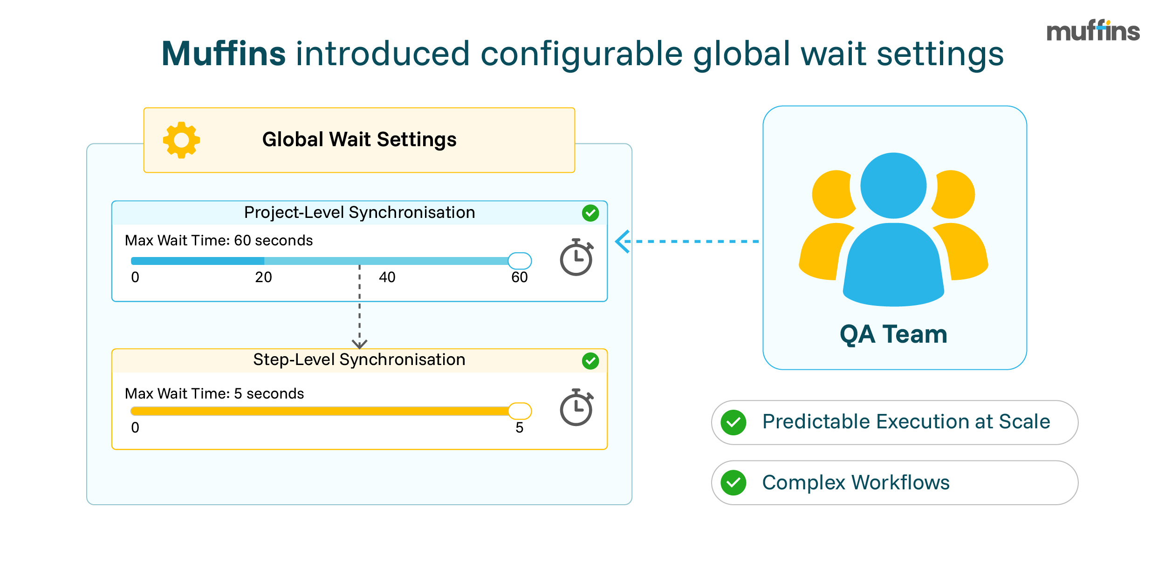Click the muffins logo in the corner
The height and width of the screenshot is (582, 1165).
(x=1093, y=31)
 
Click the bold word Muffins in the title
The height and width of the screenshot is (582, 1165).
(x=223, y=54)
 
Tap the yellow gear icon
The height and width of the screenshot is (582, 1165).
(x=181, y=140)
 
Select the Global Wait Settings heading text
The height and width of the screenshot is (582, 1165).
(x=359, y=140)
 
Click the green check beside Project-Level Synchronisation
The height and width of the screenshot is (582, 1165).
(x=590, y=213)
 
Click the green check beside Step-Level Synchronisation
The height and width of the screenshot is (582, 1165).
(x=590, y=361)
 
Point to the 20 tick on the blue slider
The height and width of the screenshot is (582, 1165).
(x=263, y=277)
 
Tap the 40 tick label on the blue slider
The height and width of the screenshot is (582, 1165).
(x=387, y=277)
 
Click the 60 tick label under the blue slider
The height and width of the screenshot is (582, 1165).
(x=519, y=277)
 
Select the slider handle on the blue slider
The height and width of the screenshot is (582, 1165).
(x=520, y=261)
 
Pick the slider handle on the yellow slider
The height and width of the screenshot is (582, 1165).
(x=520, y=411)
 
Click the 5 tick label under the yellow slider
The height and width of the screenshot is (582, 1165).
(x=519, y=428)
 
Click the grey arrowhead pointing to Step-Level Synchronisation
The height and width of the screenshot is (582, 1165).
(x=359, y=344)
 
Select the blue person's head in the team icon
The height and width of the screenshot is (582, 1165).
(x=893, y=185)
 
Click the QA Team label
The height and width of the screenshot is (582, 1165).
(x=893, y=334)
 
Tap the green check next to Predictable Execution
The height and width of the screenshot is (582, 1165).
(x=733, y=423)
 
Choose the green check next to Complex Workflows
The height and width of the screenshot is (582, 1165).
(x=733, y=483)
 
